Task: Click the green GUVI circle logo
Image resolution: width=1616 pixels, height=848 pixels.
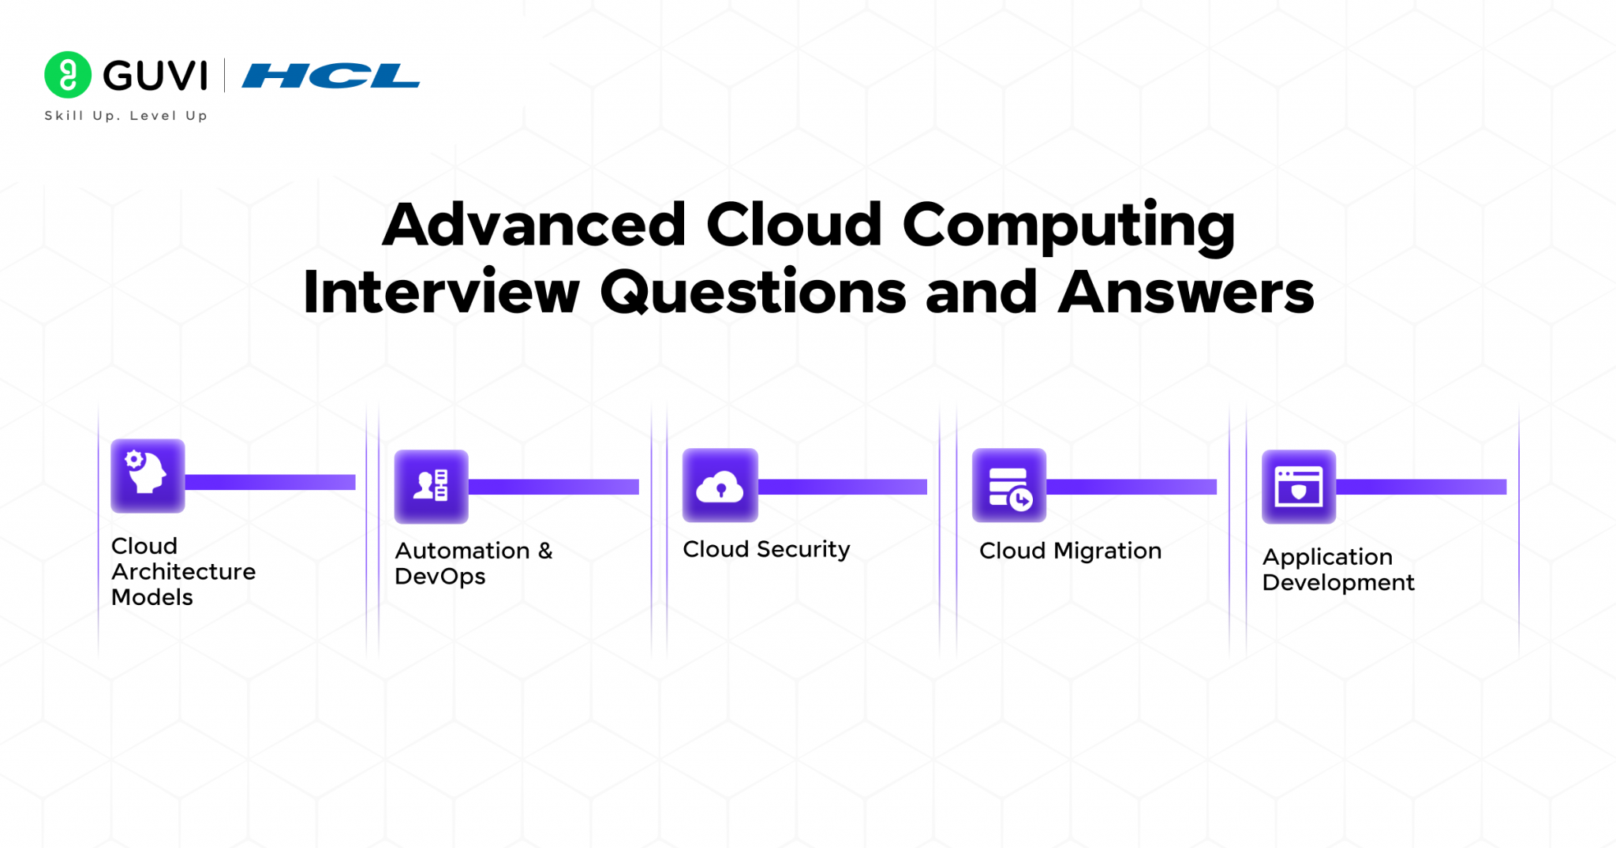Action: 68,75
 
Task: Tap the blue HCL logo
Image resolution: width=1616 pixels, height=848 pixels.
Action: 331,76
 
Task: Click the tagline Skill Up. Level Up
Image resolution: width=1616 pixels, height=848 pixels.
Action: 126,115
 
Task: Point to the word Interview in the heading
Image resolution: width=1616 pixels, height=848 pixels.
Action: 442,292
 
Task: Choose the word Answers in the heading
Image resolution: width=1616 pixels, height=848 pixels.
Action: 1186,292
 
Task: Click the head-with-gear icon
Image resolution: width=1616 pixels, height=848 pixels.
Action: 148,476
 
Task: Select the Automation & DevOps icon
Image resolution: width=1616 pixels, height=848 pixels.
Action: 431,486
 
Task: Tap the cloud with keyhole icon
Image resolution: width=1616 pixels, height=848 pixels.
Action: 720,485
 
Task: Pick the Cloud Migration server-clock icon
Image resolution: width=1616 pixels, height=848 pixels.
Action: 1009,485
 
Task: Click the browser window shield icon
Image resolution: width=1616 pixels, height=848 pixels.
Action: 1298,486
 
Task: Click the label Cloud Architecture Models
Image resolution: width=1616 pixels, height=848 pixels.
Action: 183,571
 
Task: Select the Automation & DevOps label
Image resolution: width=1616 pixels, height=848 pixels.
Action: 473,563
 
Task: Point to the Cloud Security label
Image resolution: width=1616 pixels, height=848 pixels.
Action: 766,549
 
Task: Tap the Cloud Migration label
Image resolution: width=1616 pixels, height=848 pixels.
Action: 1070,551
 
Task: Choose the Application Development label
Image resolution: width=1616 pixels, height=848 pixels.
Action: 1337,570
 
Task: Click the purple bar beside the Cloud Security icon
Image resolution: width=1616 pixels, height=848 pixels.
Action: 842,487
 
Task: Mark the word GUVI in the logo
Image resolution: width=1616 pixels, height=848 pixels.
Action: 155,76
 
